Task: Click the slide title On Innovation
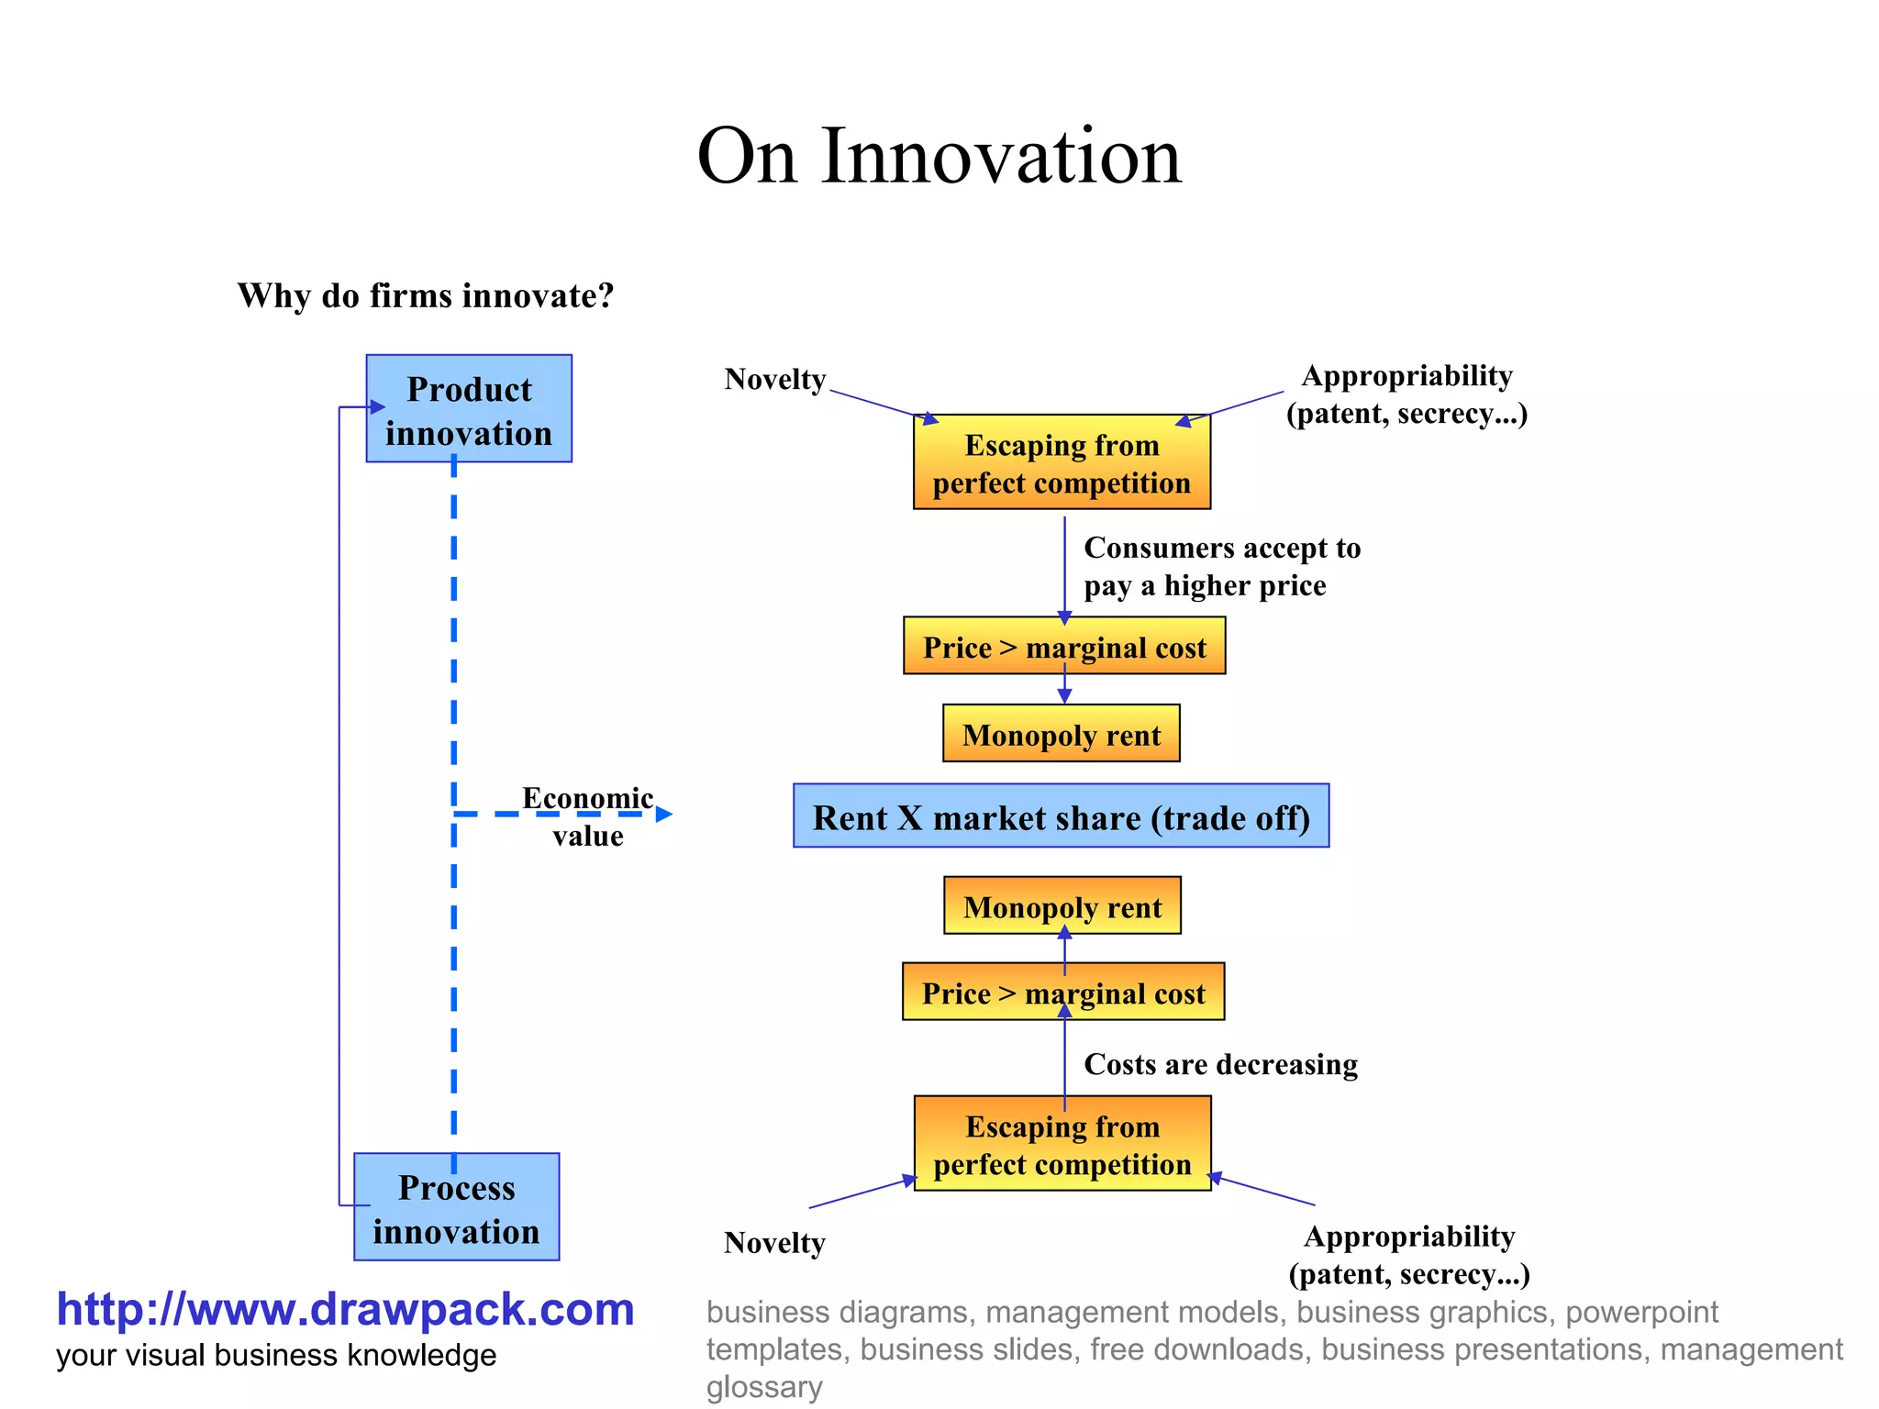(x=939, y=156)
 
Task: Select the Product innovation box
(x=469, y=409)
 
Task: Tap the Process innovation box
(x=456, y=1207)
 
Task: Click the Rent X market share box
(x=1061, y=816)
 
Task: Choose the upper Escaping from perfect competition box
(x=1062, y=463)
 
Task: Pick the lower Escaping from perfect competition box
(x=1062, y=1145)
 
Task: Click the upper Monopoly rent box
(x=1062, y=734)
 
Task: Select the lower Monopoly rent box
(x=1062, y=906)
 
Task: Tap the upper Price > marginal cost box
(x=1064, y=647)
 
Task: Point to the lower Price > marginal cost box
(x=1063, y=993)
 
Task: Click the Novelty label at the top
(x=775, y=379)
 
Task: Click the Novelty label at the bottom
(x=774, y=1243)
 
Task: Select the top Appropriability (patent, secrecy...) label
(x=1406, y=394)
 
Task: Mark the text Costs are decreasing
(x=1220, y=1064)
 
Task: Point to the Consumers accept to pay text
(x=1221, y=566)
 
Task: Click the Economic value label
(x=587, y=816)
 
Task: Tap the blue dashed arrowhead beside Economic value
(x=664, y=814)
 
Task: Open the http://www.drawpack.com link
(x=345, y=1309)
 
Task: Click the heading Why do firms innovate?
(x=426, y=295)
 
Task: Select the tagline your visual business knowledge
(x=276, y=1356)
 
